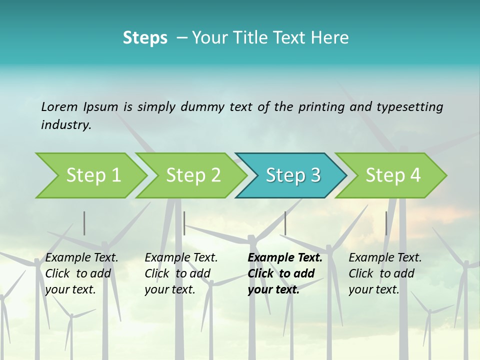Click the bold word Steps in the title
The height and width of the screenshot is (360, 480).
pos(145,38)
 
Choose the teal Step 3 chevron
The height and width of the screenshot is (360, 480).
pos(293,175)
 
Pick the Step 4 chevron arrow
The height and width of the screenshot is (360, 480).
pos(393,175)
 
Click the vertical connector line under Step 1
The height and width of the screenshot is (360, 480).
pos(84,223)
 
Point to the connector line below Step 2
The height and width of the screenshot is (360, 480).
pos(184,223)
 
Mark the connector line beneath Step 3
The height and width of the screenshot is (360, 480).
pos(285,223)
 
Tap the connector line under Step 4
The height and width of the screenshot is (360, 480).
pos(386,223)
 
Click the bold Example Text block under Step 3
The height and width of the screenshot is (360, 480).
pos(285,273)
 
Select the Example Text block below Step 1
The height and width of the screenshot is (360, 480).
pos(81,273)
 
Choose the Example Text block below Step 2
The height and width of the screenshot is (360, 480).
pos(181,273)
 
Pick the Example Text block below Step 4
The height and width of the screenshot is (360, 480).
pos(385,273)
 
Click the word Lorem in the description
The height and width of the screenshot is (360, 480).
pos(59,106)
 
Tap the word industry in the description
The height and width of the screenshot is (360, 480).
pos(66,125)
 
